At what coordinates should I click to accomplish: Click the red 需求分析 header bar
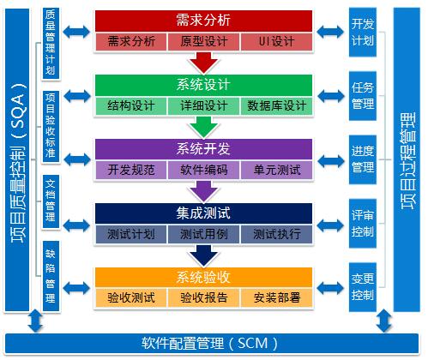pos(203,20)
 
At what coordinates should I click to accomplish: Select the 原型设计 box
pos(203,41)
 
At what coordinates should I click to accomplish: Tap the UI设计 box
pos(276,41)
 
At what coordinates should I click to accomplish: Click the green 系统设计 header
pos(203,84)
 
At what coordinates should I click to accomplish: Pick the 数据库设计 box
pos(276,105)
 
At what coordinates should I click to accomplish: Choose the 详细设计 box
pos(203,105)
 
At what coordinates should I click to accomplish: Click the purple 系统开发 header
pos(203,148)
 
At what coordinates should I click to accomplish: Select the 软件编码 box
pos(203,170)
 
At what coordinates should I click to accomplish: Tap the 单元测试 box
pos(276,170)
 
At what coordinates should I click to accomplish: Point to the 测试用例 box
pos(203,234)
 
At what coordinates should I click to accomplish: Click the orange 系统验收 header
pos(203,277)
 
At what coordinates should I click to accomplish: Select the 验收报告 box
pos(203,298)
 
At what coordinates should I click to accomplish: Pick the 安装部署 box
pos(276,298)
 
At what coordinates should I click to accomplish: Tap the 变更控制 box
pos(362,287)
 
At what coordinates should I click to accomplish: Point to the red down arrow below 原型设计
pos(203,62)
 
